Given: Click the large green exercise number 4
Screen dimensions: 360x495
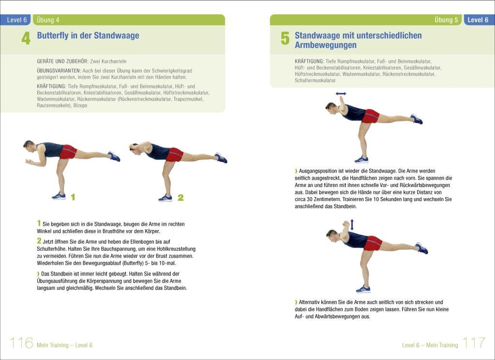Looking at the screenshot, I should click(x=26, y=39).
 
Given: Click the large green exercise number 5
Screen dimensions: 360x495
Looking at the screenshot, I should click(x=285, y=39).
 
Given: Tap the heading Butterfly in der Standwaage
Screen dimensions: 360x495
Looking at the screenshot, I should click(x=88, y=35).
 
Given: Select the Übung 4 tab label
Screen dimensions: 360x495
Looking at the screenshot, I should click(x=48, y=20).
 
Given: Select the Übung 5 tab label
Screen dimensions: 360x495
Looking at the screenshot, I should click(x=446, y=20).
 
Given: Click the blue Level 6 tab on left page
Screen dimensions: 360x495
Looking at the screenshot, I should click(x=17, y=20).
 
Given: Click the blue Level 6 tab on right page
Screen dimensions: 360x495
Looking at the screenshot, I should click(x=478, y=20).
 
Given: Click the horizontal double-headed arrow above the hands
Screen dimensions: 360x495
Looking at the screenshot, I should click(x=341, y=93).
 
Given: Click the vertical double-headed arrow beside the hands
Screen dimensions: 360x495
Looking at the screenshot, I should click(x=352, y=225).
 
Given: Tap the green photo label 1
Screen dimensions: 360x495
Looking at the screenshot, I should click(x=73, y=197).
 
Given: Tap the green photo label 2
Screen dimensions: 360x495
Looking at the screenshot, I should click(x=180, y=197).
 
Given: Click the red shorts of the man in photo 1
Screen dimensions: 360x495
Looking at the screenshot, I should click(x=68, y=152).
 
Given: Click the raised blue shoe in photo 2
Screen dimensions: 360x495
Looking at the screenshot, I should click(x=221, y=158).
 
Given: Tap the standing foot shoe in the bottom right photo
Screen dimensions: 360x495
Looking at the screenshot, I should click(x=363, y=289).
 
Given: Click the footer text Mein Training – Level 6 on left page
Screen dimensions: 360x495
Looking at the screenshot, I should click(x=64, y=345).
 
